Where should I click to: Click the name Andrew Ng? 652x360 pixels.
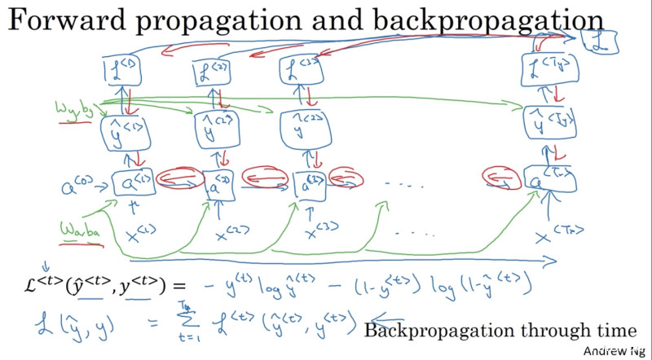614,350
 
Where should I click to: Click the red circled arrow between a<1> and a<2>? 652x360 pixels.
174,177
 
